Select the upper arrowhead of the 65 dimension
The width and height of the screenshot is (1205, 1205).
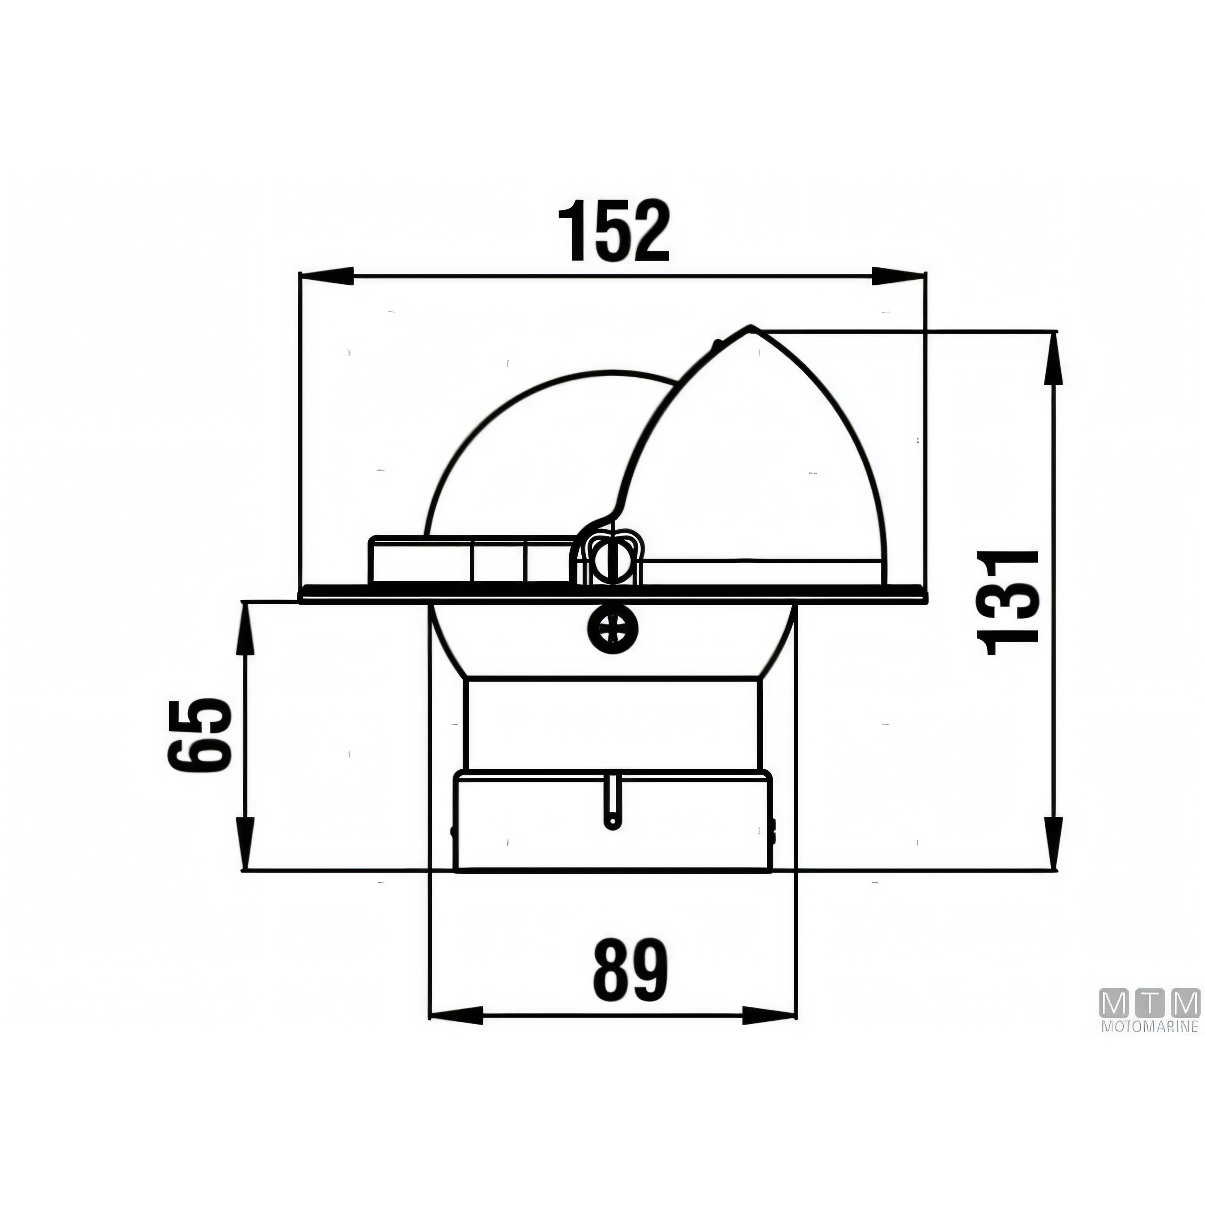(x=248, y=628)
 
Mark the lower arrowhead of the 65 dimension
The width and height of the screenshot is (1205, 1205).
(x=248, y=843)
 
